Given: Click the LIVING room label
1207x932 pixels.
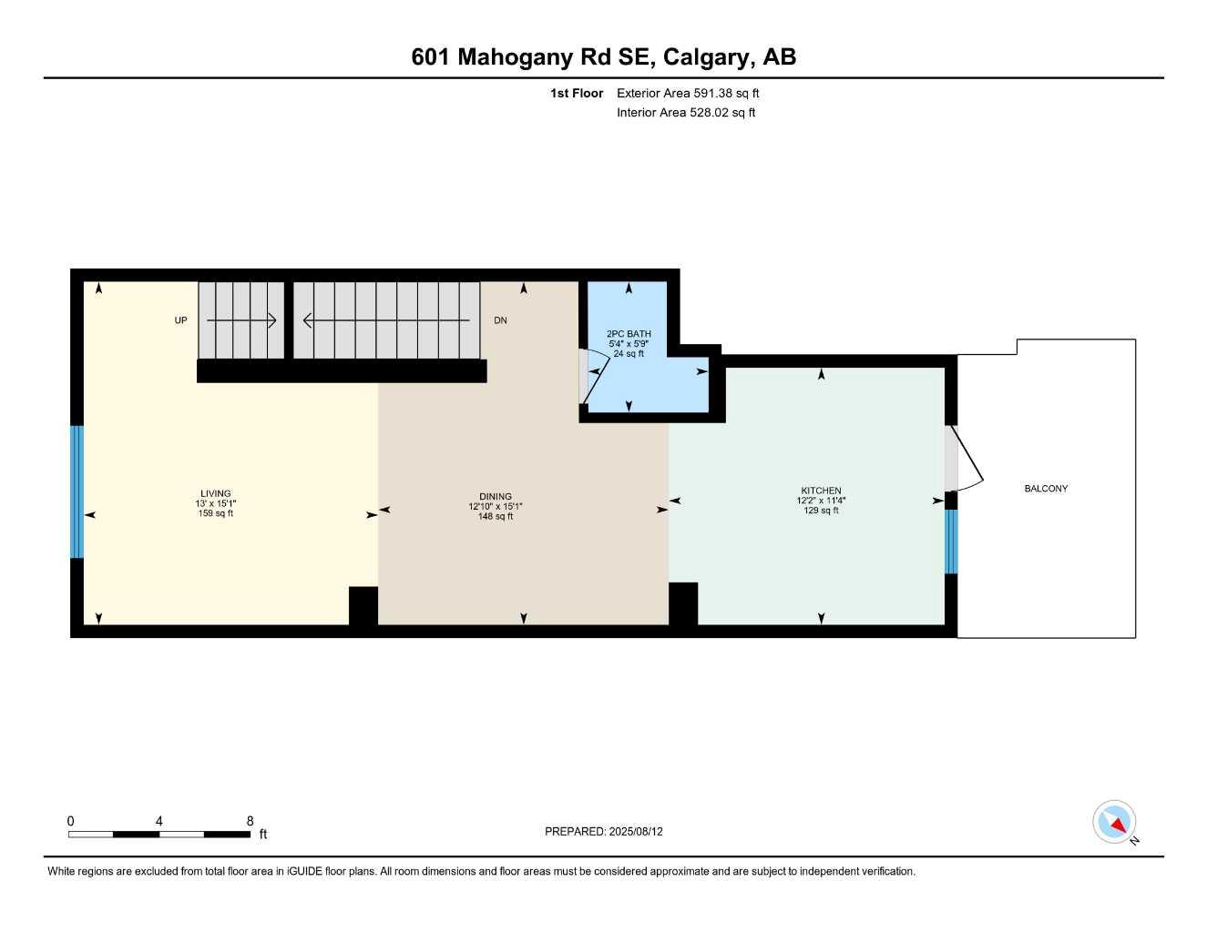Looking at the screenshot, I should click(216, 494).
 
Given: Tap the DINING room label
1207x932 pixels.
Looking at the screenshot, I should click(496, 497).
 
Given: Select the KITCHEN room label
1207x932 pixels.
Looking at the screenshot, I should click(821, 491).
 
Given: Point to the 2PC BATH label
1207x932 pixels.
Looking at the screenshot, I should click(629, 334).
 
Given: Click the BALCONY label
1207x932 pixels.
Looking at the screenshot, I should click(1046, 489).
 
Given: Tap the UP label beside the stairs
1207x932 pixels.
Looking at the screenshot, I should click(180, 320).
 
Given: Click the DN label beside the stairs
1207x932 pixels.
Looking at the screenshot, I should click(500, 320).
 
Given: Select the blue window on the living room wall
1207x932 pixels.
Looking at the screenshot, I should click(77, 491).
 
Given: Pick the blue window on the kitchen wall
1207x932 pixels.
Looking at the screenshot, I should click(951, 542).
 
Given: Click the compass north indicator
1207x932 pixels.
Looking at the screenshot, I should click(1115, 822).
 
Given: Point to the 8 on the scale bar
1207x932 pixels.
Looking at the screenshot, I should click(250, 821).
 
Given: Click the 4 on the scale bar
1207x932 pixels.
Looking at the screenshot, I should click(159, 821).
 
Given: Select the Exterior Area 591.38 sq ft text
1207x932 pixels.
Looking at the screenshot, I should click(688, 93).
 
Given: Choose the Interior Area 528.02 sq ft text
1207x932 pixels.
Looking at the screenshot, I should click(686, 113).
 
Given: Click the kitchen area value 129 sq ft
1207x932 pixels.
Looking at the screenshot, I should click(821, 511).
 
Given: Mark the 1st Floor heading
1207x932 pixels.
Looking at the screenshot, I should click(577, 93).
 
